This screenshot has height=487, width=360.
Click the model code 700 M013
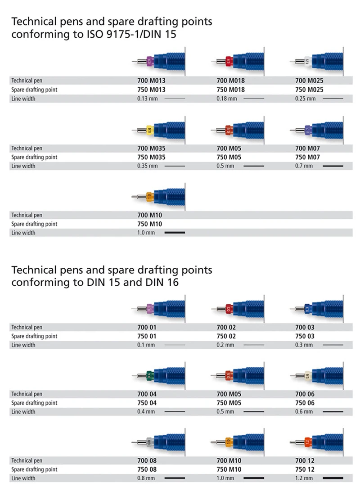point(151,81)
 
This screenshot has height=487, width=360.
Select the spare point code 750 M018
point(230,90)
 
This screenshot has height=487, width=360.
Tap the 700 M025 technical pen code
point(309,81)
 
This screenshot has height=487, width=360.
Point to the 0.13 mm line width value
point(147,99)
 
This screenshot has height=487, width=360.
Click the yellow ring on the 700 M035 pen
point(149,130)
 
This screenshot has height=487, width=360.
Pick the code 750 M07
point(307,157)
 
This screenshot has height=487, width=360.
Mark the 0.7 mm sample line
point(333,166)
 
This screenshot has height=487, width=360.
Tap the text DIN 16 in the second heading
point(164,282)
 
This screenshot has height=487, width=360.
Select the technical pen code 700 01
point(146,327)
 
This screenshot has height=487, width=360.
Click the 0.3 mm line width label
point(304,345)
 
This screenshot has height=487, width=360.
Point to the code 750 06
point(305,403)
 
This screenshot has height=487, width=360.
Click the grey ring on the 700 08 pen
point(149,442)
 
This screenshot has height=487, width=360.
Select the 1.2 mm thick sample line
point(333,478)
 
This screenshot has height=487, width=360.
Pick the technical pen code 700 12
point(305,460)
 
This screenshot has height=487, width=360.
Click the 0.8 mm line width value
point(146,478)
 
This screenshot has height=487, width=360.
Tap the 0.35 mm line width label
point(147,166)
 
